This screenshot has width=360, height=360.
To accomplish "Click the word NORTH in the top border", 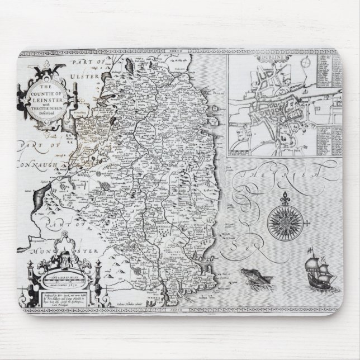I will coord(179,51).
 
